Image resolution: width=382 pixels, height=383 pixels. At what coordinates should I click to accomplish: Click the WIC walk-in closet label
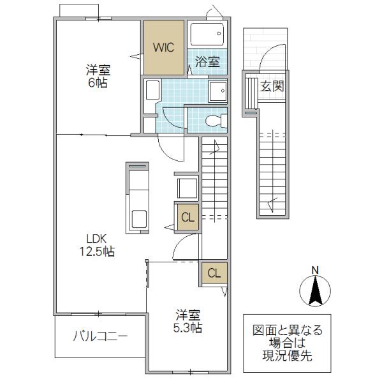163,47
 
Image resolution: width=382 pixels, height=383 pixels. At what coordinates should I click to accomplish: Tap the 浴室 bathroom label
207,62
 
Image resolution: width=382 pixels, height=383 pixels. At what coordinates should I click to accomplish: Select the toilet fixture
216,121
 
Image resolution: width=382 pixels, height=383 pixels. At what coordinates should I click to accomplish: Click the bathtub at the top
207,34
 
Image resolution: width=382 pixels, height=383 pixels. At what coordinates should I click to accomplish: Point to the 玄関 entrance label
272,86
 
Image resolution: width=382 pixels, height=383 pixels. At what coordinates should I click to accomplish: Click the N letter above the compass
316,270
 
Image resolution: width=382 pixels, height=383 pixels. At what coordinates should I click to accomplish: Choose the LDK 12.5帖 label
97,245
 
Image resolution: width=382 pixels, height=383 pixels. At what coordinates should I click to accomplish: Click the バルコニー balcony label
100,336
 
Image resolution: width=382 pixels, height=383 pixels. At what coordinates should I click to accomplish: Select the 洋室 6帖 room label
98,76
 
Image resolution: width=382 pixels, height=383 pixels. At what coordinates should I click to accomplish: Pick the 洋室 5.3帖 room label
188,321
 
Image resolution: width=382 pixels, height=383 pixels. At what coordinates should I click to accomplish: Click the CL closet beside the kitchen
187,217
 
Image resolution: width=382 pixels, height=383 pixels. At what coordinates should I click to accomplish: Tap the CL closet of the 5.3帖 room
214,273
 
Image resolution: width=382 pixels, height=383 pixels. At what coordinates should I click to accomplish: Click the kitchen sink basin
139,219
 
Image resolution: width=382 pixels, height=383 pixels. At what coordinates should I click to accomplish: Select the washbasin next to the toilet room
218,91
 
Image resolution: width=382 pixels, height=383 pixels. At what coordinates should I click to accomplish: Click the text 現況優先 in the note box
287,356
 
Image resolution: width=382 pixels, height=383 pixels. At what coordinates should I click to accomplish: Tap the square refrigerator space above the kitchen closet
187,188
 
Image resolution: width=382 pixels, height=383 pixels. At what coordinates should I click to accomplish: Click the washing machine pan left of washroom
152,91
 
